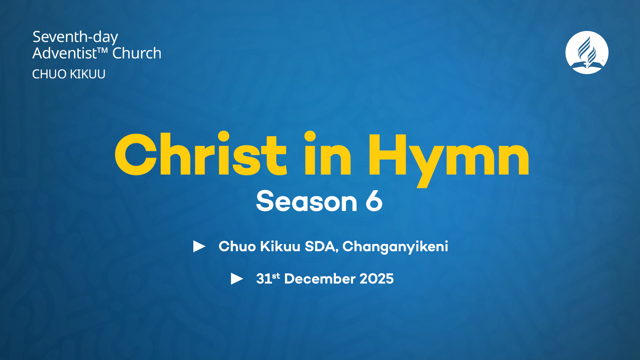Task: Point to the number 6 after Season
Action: (x=374, y=201)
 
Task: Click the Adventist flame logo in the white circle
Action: (x=587, y=52)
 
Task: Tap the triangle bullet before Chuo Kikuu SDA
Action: (x=199, y=246)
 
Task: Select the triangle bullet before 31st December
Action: (x=237, y=279)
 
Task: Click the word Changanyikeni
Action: (x=395, y=247)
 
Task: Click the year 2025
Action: (x=377, y=279)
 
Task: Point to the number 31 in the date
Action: (x=264, y=279)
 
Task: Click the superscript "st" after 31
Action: (x=276, y=276)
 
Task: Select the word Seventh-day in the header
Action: (x=75, y=37)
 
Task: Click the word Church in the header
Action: (x=137, y=53)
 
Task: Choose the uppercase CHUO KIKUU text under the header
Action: (x=69, y=74)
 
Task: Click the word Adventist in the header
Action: (x=65, y=53)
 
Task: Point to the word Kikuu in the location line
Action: (x=280, y=247)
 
